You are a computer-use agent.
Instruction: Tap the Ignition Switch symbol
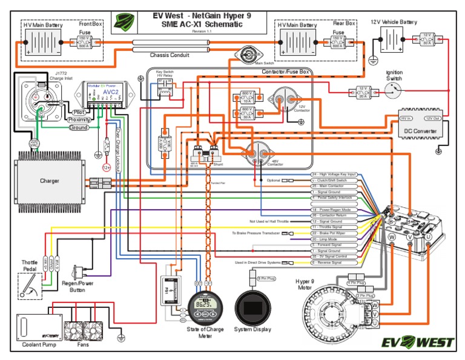click(x=394, y=91)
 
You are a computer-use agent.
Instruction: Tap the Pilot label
click(x=79, y=112)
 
